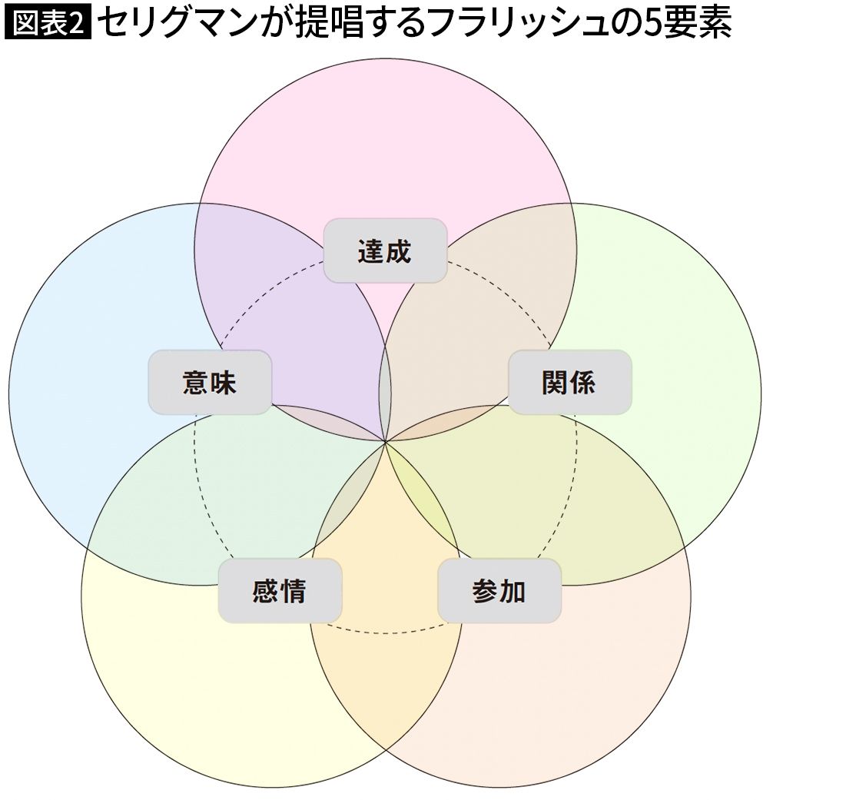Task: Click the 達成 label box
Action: [x=385, y=251]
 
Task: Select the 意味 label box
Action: [x=210, y=382]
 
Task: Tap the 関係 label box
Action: [x=569, y=382]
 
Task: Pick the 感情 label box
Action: [x=280, y=591]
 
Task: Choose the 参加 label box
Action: [x=499, y=591]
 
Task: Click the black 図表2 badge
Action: [x=48, y=24]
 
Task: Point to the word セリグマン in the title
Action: [x=184, y=24]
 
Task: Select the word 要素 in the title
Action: [x=697, y=24]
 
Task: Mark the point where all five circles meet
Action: [x=385, y=442]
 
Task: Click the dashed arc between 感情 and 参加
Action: [x=385, y=632]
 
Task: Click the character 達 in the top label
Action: [x=371, y=251]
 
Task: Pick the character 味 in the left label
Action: [x=224, y=383]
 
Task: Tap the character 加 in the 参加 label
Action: [x=513, y=591]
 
